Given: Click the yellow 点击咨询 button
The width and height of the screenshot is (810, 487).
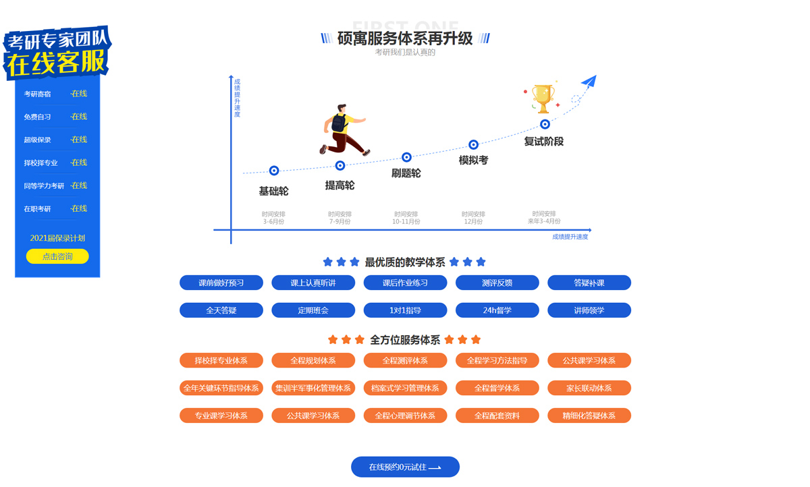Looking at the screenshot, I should tap(57, 256).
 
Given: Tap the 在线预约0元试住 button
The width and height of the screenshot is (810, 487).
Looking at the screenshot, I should tap(405, 467).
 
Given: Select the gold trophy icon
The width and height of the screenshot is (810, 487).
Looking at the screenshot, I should tap(543, 98).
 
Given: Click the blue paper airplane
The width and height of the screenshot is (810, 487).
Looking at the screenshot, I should tap(588, 82).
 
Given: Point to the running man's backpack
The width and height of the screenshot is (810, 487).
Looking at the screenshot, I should tap(340, 123).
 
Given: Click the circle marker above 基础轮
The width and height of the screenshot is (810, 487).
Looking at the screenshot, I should tap(274, 171).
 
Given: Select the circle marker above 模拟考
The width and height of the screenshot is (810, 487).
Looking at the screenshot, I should tap(473, 144).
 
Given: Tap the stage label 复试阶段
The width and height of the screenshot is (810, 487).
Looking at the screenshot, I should tap(543, 142).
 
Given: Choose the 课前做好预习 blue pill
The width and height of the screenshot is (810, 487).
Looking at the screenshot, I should tap(221, 283).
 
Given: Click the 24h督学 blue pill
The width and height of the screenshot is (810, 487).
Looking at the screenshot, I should tap(497, 310).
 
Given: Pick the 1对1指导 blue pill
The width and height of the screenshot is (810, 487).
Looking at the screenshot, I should tap(405, 310).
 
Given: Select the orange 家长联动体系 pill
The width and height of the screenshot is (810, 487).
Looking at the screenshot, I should tap(589, 388).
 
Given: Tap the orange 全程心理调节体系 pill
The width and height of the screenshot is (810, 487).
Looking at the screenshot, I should tap(405, 416).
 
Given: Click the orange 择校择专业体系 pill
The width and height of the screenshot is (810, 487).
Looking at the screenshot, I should tap(221, 360).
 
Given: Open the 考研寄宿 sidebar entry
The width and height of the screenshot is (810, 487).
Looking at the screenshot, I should tap(38, 94).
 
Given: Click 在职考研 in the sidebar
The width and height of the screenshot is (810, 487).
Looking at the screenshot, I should tap(38, 208).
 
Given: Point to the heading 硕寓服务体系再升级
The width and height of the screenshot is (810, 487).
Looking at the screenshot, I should tap(405, 38).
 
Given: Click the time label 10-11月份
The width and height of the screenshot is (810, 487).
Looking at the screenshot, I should tap(406, 221).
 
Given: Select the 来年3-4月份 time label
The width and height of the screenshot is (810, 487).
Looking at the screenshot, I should tap(544, 221).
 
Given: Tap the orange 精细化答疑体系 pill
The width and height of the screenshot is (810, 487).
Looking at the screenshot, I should tap(589, 416).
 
